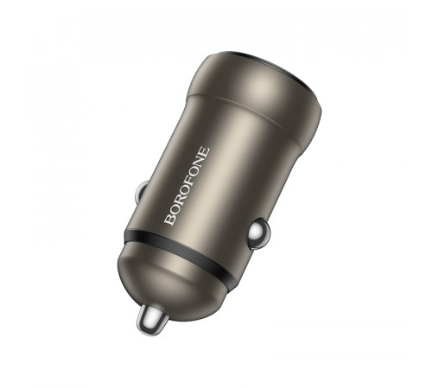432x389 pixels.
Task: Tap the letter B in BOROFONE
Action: click(171, 221)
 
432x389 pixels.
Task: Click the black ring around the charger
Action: click(181, 259)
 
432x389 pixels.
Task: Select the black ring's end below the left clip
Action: click(126, 234)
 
